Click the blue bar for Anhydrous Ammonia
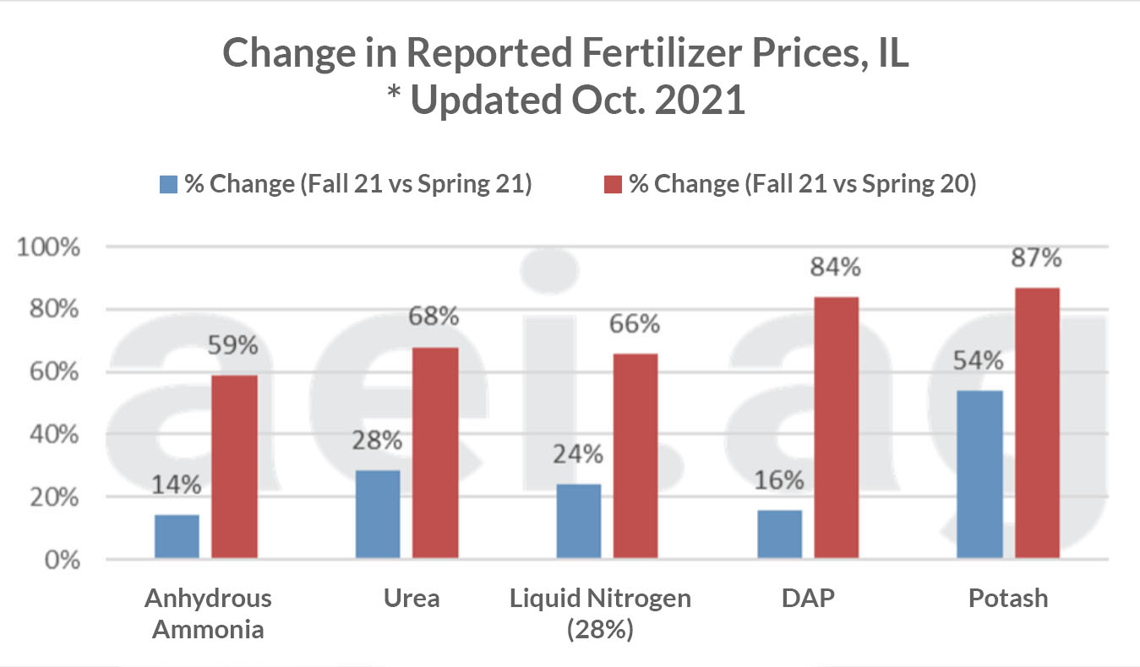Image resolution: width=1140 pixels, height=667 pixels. [x=177, y=536]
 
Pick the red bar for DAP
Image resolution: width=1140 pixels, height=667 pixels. [x=836, y=427]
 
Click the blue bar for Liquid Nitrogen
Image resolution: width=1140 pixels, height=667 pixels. [x=579, y=521]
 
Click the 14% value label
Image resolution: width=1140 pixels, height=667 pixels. [x=177, y=485]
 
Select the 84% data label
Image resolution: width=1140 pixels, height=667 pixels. [x=836, y=268]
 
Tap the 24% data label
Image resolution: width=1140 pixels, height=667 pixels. [x=579, y=454]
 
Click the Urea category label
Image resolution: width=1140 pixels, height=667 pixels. [x=412, y=599]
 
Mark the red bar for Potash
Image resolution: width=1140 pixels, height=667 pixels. [x=1037, y=423]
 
